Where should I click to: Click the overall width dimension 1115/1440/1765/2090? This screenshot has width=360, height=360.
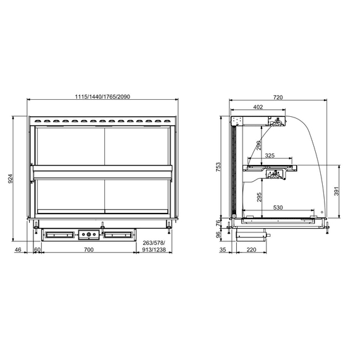[102, 96]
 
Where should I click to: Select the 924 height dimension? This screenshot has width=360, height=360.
[11, 179]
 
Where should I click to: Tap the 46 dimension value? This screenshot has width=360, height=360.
[18, 250]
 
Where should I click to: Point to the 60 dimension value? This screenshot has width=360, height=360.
[37, 250]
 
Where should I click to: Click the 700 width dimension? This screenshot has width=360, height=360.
[88, 250]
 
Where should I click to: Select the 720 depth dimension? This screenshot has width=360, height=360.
[278, 97]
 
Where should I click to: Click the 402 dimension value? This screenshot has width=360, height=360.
[258, 107]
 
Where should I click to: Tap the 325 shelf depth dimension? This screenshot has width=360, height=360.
[270, 155]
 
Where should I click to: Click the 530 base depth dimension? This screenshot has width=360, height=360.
[278, 207]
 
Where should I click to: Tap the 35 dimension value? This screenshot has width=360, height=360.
[223, 250]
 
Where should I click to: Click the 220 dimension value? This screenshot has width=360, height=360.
[251, 250]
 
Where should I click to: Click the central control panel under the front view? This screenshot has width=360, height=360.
[88, 236]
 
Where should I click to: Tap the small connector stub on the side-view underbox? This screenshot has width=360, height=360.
[268, 236]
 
